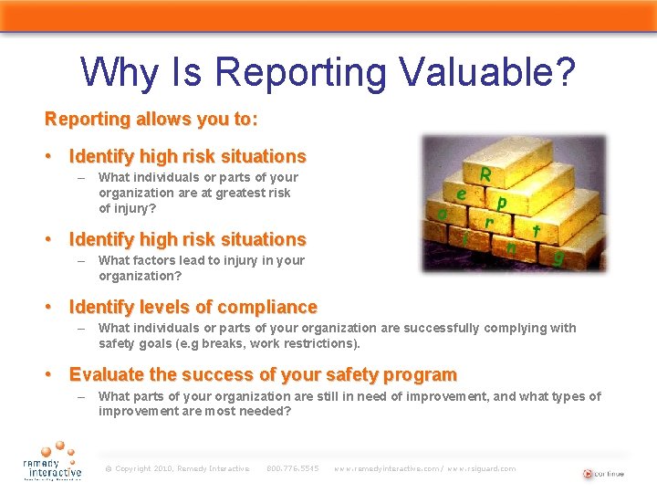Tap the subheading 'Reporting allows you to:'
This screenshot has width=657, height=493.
click(x=151, y=120)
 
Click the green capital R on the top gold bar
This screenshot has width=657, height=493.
click(x=486, y=173)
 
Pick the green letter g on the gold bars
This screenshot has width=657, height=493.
click(x=558, y=258)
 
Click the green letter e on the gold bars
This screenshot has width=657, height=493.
click(x=463, y=194)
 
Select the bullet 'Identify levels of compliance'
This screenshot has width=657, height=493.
click(x=193, y=307)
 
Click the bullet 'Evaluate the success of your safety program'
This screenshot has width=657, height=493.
click(x=263, y=374)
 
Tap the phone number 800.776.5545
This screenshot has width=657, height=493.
click(x=292, y=468)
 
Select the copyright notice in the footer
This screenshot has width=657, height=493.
click(x=177, y=468)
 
